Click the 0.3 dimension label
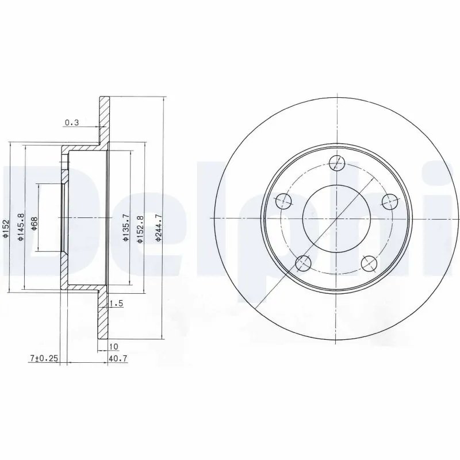coord(72,122)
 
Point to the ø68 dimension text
coord(34,223)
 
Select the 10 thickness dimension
coord(113,347)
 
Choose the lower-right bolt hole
coord(370,263)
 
